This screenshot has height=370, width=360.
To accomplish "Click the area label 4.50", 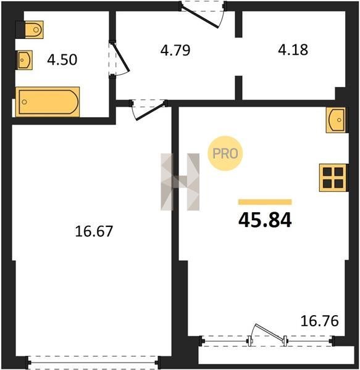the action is (62, 60).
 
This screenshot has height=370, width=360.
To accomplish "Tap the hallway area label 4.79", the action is (175, 50).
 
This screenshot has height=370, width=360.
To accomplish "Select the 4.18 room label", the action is (293, 50).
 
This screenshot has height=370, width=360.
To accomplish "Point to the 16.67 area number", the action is (94, 231).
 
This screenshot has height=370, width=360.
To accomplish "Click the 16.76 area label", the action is (320, 321).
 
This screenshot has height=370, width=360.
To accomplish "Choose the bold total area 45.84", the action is (265, 220).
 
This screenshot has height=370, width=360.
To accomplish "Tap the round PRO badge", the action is (225, 154).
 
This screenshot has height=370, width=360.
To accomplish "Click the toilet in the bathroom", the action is (34, 30).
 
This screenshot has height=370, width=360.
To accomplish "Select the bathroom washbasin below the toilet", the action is (24, 60).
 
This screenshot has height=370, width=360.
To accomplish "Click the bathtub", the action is (48, 102).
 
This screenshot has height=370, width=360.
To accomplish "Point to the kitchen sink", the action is (336, 120).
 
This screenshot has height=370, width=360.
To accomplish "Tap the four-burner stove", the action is (333, 178).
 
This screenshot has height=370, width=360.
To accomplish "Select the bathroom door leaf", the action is (121, 57).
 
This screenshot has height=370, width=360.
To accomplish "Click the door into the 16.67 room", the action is (149, 110).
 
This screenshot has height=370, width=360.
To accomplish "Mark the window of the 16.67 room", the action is (93, 363).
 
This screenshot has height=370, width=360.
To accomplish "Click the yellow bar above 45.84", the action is (265, 202).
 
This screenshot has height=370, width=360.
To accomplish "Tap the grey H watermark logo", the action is (180, 182).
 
